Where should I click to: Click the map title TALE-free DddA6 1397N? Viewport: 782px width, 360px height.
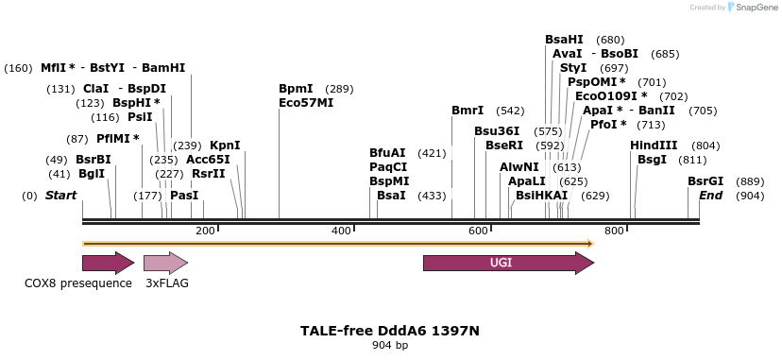(x=390, y=331)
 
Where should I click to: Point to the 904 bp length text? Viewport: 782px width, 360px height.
(x=390, y=346)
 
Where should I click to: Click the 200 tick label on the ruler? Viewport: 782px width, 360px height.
(x=205, y=231)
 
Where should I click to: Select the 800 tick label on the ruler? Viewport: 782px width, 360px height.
(x=614, y=231)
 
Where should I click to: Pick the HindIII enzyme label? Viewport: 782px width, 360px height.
(x=654, y=146)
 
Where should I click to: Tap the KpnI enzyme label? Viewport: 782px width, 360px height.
(x=225, y=146)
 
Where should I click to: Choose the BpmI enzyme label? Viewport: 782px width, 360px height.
(x=296, y=89)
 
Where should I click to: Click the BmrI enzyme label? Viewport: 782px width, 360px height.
(x=467, y=111)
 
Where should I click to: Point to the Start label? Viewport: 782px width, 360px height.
(x=60, y=196)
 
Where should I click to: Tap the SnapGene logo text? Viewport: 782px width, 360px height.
(x=752, y=8)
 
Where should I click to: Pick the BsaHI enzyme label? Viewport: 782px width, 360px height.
(x=564, y=40)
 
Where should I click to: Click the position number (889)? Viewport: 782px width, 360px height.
(x=750, y=181)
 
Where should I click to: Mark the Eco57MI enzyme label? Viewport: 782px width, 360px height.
(x=306, y=103)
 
